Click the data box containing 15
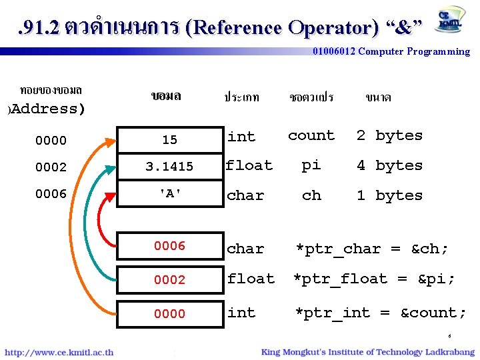click(169, 139)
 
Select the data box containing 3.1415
click(169, 167)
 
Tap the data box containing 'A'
click(169, 195)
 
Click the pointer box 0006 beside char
click(169, 246)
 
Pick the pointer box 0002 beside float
click(169, 280)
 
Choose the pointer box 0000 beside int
click(169, 313)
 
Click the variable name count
click(311, 135)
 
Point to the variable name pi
click(311, 165)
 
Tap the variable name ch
click(311, 195)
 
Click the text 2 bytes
click(389, 135)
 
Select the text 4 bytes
click(389, 165)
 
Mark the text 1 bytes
click(389, 195)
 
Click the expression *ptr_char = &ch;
click(372, 249)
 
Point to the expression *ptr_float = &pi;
click(375, 279)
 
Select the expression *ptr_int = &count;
click(381, 313)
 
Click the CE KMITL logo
click(451, 20)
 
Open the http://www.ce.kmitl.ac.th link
click(59, 352)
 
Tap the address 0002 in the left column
click(51, 167)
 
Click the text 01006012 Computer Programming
click(391, 51)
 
